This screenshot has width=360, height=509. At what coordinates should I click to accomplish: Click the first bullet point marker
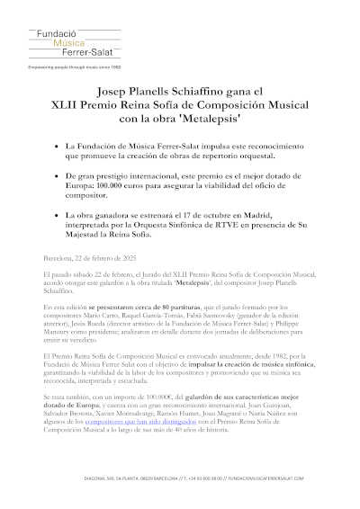pos(58,145)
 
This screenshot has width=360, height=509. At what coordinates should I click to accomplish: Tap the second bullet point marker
pos(58,178)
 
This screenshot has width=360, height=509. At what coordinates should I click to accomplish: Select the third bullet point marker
pos(58,217)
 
